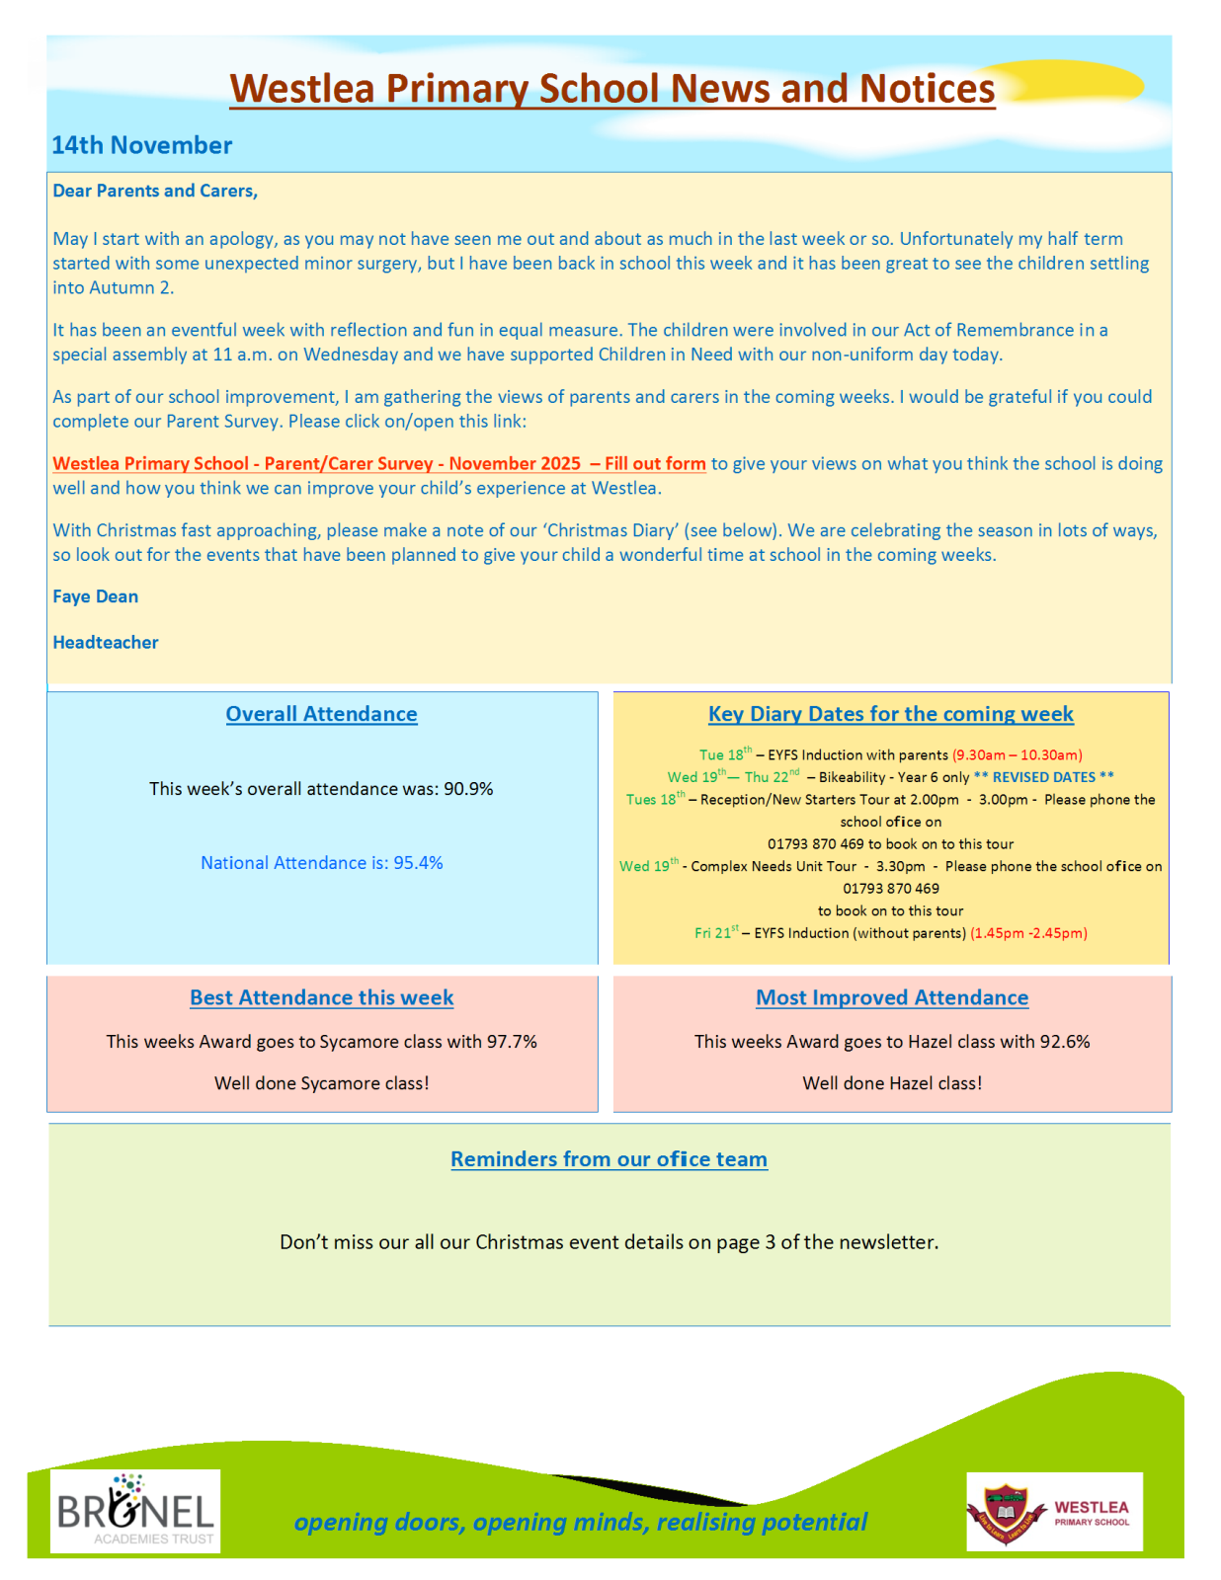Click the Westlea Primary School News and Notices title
click(611, 89)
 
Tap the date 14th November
click(141, 145)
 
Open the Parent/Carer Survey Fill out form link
click(379, 464)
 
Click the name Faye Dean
click(95, 596)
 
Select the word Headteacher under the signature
click(106, 643)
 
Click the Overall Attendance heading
click(321, 714)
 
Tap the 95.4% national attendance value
click(418, 863)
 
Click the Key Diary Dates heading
click(890, 714)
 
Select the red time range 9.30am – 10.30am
click(1017, 755)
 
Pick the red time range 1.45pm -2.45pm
click(1028, 933)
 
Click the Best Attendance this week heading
click(321, 997)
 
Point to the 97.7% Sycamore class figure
click(512, 1042)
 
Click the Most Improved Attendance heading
click(892, 997)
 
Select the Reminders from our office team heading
click(609, 1159)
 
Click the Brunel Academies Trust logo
click(135, 1511)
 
